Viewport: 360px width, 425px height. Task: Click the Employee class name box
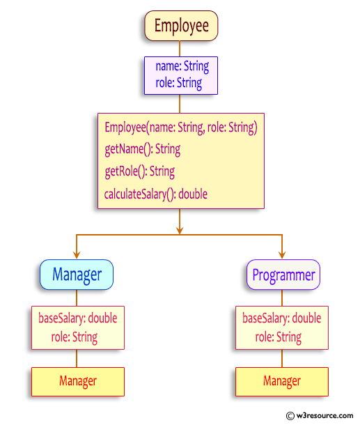(x=181, y=26)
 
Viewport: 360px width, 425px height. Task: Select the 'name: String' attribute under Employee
(x=182, y=68)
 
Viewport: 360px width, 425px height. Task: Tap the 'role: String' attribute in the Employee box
(x=180, y=83)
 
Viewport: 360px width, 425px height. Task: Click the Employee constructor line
(x=181, y=127)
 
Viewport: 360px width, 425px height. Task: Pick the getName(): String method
(x=142, y=149)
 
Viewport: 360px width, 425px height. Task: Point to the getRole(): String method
(x=139, y=171)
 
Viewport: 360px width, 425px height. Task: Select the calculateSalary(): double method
(x=156, y=194)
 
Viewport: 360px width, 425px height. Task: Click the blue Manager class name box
(x=77, y=275)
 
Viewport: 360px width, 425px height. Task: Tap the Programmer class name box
(x=283, y=275)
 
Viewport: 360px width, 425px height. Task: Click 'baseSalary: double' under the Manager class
(x=77, y=318)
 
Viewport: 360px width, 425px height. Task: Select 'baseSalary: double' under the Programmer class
(x=281, y=318)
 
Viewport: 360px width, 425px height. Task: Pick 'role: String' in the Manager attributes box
(x=75, y=337)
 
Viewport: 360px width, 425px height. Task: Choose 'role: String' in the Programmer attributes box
(x=279, y=337)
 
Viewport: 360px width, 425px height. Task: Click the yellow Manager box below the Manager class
(x=77, y=381)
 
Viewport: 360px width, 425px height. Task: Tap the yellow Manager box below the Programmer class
(x=281, y=381)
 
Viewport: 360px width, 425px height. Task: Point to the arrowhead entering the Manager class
(x=77, y=255)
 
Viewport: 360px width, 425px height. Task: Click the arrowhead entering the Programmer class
(x=282, y=255)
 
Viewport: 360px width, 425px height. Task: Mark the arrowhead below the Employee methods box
(x=180, y=228)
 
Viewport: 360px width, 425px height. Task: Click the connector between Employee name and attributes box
(x=180, y=48)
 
